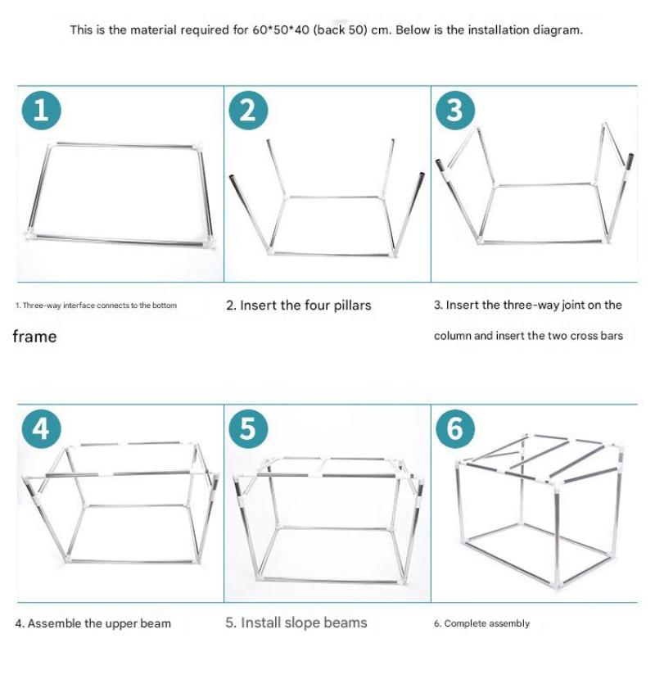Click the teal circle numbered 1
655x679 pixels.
point(41,110)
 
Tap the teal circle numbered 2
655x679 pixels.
point(248,110)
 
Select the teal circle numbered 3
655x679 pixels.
point(454,110)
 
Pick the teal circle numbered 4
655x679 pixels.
point(41,428)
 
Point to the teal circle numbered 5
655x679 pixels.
point(248,428)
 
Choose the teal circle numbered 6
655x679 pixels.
point(454,428)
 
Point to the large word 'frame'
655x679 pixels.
point(34,337)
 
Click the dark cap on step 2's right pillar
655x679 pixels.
point(422,176)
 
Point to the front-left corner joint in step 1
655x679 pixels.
point(29,233)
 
